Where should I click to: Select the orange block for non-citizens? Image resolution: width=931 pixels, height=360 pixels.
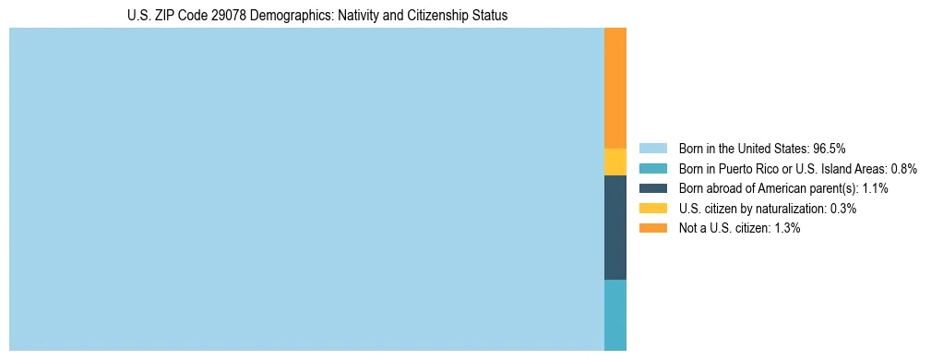615,88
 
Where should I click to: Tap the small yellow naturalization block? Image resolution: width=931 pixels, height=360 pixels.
615,162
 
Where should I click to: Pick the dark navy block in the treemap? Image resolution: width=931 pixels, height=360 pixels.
615,227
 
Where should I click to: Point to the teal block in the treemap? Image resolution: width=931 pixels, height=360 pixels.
615,315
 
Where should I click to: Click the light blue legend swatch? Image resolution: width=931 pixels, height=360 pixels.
652,148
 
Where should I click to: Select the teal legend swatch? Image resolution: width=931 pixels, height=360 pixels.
652,168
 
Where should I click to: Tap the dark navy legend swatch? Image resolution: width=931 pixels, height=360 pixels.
652,188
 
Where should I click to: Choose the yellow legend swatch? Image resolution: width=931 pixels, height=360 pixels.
652,209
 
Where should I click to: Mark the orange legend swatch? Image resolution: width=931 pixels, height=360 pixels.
652,229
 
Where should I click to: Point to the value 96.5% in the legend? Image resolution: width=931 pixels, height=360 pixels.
830,148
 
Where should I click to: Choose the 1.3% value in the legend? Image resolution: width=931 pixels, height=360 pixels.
787,229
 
